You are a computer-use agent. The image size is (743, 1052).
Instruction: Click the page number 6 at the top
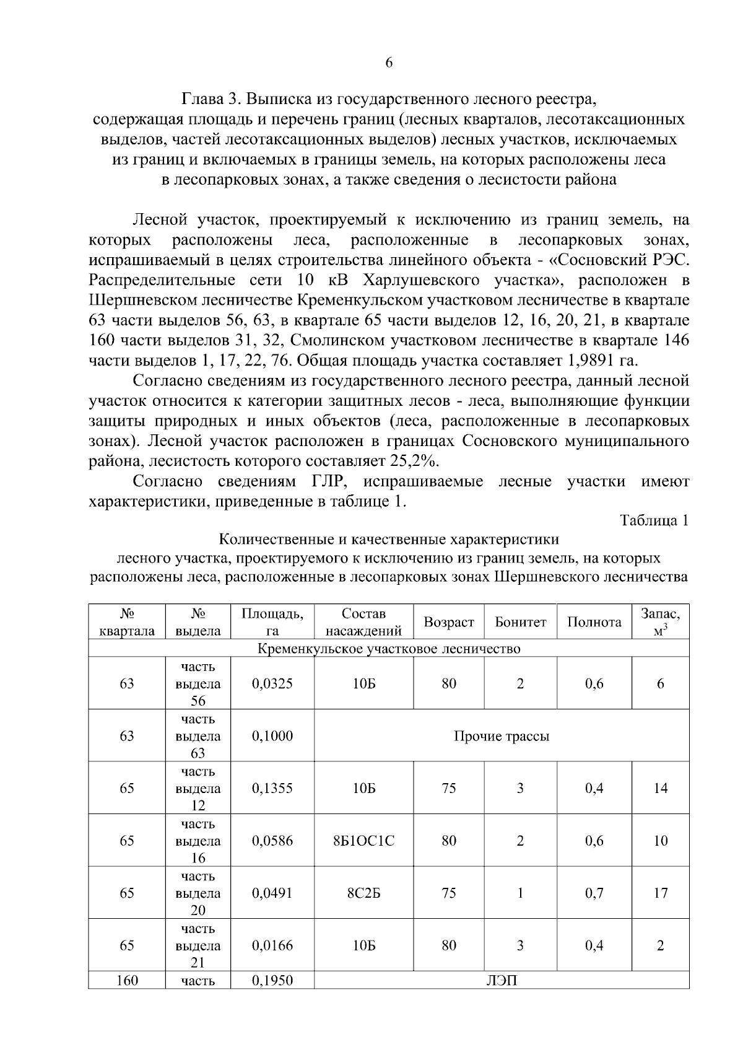pyautogui.click(x=389, y=63)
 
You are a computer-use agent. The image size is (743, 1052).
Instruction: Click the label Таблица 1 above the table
pyautogui.click(x=655, y=520)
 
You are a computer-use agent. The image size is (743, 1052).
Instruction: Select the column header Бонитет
pyautogui.click(x=520, y=622)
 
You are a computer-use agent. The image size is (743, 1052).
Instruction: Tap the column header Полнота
pyautogui.click(x=594, y=622)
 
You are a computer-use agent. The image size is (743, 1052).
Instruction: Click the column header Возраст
pyautogui.click(x=449, y=622)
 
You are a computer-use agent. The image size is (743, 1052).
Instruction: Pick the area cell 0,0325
pyautogui.click(x=272, y=683)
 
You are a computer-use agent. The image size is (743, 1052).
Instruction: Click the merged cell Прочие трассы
pyautogui.click(x=502, y=736)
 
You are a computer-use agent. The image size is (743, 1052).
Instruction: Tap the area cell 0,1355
pyautogui.click(x=272, y=788)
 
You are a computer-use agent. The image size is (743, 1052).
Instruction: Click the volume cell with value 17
pyautogui.click(x=660, y=893)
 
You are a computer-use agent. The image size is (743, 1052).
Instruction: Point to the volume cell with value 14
pyautogui.click(x=660, y=788)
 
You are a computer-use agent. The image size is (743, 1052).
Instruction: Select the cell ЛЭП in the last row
pyautogui.click(x=502, y=981)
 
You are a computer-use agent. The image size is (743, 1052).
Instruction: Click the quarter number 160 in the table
pyautogui.click(x=126, y=981)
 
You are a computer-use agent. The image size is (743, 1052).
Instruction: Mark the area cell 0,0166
pyautogui.click(x=272, y=945)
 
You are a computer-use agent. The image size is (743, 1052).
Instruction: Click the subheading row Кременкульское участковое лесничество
pyautogui.click(x=388, y=649)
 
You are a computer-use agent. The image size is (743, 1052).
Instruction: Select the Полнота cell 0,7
pyautogui.click(x=594, y=893)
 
